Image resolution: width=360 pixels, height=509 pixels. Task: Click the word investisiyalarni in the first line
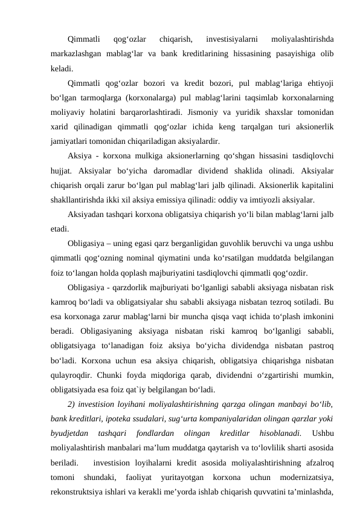(232, 40)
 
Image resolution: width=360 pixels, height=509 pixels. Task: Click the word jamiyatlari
(68, 142)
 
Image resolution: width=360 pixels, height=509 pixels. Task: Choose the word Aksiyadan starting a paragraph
(89, 216)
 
